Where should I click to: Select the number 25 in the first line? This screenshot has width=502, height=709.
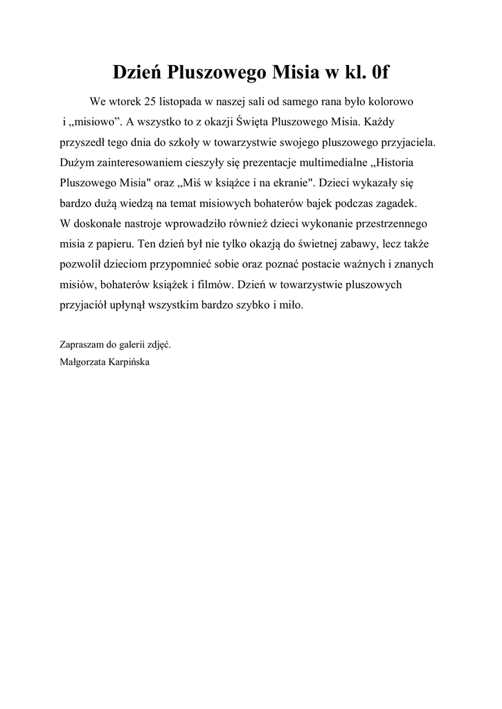pos(152,102)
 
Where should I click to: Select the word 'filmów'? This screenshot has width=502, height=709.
pos(216,285)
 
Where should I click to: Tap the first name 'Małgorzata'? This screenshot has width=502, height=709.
pos(84,360)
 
